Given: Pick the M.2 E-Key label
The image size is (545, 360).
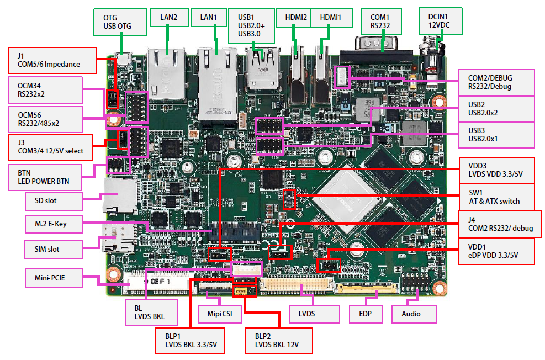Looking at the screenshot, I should (54, 225).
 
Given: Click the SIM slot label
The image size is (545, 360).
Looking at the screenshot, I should (54, 249).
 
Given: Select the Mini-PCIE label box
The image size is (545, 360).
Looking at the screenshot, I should (54, 277).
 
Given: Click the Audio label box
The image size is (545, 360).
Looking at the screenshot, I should (414, 314).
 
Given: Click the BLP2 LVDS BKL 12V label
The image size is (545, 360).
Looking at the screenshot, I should (279, 341).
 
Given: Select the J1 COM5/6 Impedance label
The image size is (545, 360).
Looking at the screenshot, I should (52, 60).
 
